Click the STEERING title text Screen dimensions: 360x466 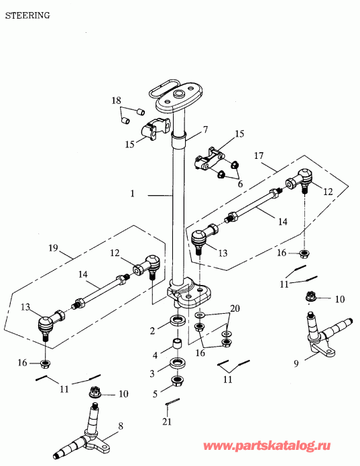[27, 15]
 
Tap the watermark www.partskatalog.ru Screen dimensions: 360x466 [267, 446]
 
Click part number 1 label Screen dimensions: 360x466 [133, 194]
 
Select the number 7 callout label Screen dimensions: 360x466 [205, 129]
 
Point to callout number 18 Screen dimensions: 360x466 [116, 101]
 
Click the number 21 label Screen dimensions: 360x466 [167, 422]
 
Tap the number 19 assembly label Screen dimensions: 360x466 [53, 248]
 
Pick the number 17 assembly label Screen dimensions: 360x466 [259, 156]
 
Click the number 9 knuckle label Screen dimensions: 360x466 [296, 363]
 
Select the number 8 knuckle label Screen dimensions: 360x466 [120, 426]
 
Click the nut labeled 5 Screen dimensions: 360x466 [178, 381]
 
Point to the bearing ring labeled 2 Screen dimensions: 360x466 [178, 321]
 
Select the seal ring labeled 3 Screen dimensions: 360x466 [178, 363]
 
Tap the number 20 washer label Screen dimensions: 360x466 [235, 308]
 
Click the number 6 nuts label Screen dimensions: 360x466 [240, 184]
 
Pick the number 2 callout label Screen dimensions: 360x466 [152, 331]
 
